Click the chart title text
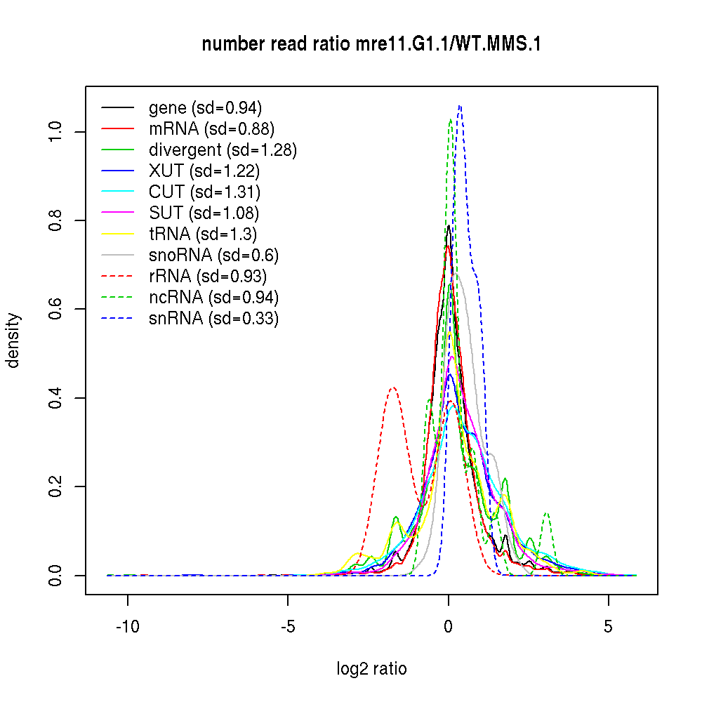371,44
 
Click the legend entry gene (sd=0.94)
205,108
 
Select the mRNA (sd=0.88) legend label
211,129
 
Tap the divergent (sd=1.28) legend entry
223,150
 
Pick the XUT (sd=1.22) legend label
204,171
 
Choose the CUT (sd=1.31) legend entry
204,192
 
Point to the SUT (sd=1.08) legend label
204,213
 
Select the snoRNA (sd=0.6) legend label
214,256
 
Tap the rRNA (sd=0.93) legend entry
208,277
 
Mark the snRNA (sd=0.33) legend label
213,319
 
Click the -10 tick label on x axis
128,625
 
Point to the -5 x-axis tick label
288,625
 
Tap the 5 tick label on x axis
608,625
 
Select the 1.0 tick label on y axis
56,132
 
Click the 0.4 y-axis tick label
56,398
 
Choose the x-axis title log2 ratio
371,669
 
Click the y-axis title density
14,340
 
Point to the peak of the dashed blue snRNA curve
460,106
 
